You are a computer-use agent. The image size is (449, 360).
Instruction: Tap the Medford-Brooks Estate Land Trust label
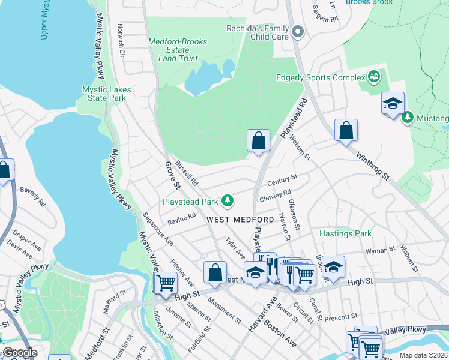178,50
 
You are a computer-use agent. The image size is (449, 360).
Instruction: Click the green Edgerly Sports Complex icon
375,77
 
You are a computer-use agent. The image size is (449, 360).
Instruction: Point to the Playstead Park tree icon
228,200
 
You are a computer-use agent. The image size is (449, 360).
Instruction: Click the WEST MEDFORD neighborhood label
240,220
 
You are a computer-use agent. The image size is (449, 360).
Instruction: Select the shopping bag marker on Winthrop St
346,130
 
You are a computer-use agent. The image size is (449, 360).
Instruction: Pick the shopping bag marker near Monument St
215,272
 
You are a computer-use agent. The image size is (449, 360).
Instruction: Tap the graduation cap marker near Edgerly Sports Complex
393,103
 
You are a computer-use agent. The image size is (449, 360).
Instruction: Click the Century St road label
282,180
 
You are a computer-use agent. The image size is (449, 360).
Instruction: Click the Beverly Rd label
33,196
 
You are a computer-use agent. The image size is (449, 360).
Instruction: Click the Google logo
20,353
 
